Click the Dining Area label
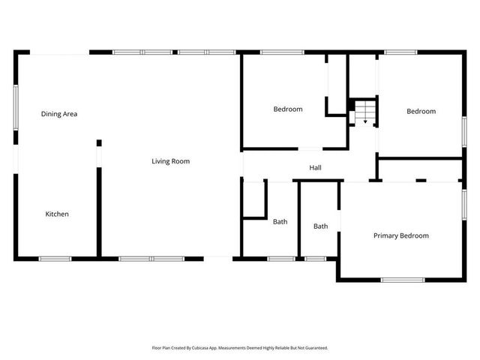coord(59,114)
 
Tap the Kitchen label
coord(57,214)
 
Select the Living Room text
coord(170,161)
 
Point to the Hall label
coord(316,167)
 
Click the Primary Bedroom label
coord(401,235)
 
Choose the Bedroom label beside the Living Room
coord(288,109)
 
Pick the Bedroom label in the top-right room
coord(421,112)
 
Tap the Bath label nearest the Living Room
coord(280,222)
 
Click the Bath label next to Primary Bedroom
coord(321,226)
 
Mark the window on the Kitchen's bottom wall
coord(55,259)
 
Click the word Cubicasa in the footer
coord(202,348)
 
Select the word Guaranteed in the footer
coord(315,348)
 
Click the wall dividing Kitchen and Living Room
coord(98,210)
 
